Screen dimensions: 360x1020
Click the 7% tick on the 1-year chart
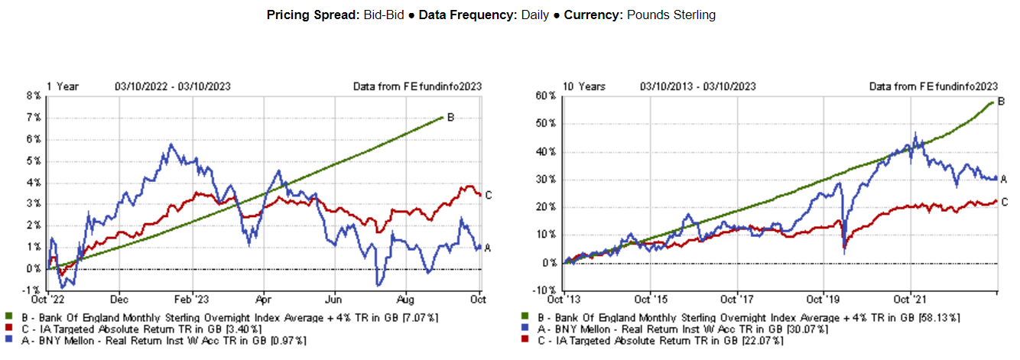pos(34,118)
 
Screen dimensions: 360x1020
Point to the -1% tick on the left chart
pos(33,290)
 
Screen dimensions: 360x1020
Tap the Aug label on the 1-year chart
pos(407,300)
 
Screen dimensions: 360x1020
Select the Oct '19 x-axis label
pos(823,300)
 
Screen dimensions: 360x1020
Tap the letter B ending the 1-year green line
pos(450,118)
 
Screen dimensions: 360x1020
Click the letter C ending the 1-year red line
pos(489,196)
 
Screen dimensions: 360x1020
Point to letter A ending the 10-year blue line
pos(1004,179)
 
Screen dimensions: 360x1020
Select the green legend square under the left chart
pos(8,316)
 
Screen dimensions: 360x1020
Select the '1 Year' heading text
pos(63,86)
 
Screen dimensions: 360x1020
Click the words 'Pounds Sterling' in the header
pos(671,15)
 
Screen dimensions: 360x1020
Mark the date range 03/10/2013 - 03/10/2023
pos(698,86)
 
